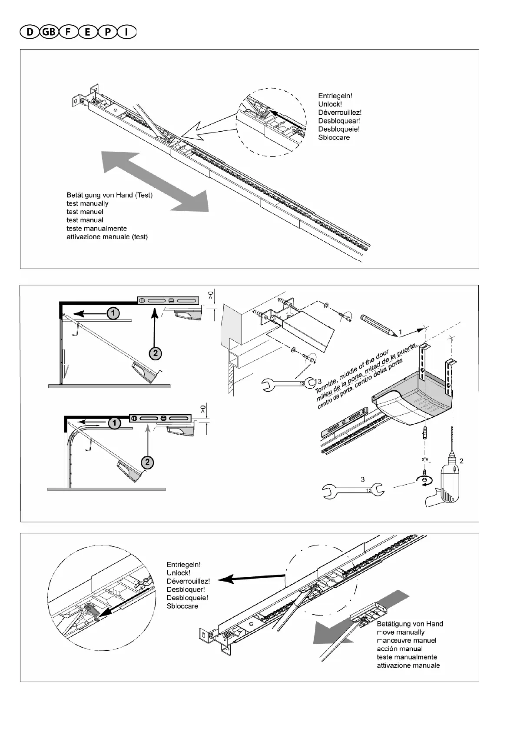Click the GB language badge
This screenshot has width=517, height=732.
click(48, 32)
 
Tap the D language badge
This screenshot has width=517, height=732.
click(29, 32)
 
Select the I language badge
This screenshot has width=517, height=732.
click(126, 32)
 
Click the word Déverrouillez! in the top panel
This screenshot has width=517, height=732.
click(340, 113)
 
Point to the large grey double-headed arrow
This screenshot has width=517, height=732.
click(154, 181)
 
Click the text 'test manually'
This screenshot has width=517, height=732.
click(87, 203)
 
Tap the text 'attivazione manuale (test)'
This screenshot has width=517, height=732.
click(107, 237)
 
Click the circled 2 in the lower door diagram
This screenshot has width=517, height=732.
click(147, 462)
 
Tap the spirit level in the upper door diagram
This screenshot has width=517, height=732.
click(168, 300)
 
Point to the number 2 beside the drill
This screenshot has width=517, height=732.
click(461, 461)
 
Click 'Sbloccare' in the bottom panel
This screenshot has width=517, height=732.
click(182, 606)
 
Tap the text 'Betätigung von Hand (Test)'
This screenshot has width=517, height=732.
click(109, 195)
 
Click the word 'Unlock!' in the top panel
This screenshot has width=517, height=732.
click(330, 104)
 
